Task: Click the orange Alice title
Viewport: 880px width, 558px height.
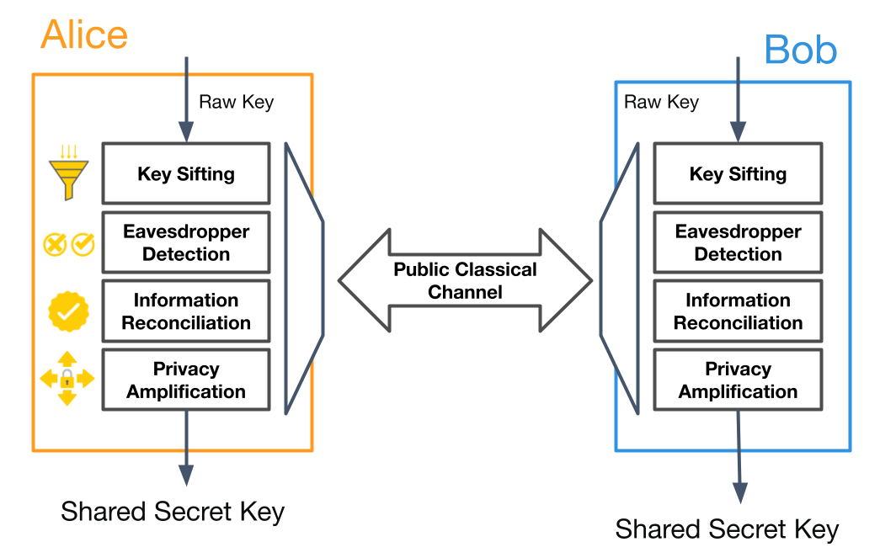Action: click(x=84, y=35)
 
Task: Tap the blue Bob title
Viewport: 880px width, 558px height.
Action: click(x=800, y=50)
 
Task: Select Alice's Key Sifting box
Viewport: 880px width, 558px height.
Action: click(x=186, y=173)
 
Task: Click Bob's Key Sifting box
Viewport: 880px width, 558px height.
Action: click(x=738, y=173)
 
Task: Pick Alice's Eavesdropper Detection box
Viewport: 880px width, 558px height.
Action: click(x=186, y=242)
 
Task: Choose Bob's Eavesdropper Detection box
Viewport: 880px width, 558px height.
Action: click(x=738, y=242)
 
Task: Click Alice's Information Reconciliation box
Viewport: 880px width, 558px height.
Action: click(x=186, y=311)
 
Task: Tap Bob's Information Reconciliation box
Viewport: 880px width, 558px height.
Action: click(x=738, y=311)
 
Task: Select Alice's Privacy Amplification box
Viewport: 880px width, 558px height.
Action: click(x=186, y=380)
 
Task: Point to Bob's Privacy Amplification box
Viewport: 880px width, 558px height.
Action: click(x=738, y=380)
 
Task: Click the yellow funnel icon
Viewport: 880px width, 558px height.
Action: click(x=68, y=173)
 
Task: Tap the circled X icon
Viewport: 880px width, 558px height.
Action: click(x=55, y=245)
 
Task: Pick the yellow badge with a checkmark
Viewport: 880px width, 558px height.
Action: click(x=68, y=311)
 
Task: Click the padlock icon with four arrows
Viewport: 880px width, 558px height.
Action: click(x=67, y=379)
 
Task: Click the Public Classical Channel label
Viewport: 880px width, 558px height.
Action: click(x=465, y=280)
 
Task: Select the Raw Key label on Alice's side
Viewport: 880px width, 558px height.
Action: click(x=237, y=102)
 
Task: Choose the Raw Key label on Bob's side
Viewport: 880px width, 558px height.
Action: click(x=661, y=102)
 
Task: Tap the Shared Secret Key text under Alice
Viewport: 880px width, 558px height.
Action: click(x=173, y=512)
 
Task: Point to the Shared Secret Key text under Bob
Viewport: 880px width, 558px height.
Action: click(x=727, y=529)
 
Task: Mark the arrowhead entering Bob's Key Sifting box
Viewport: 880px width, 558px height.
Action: click(x=738, y=132)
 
